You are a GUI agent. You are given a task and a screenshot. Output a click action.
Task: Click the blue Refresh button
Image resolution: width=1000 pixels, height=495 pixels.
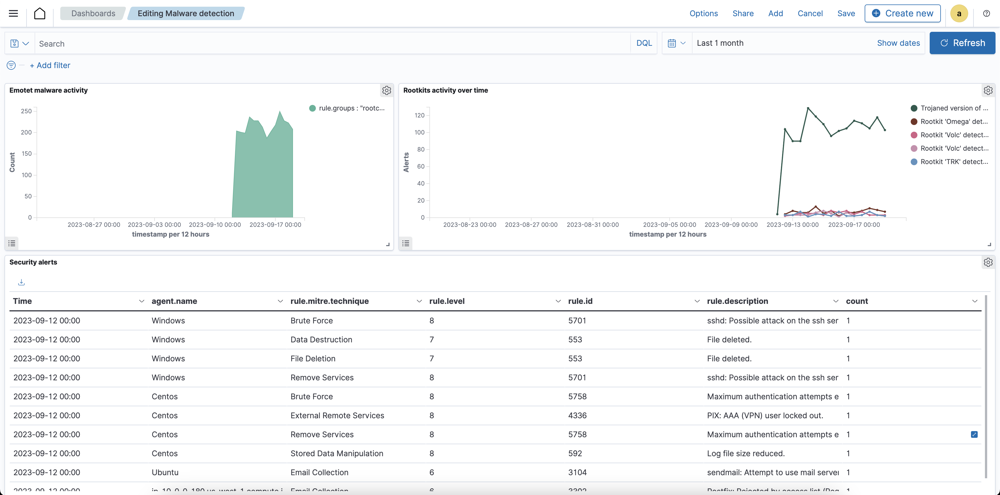pyautogui.click(x=962, y=43)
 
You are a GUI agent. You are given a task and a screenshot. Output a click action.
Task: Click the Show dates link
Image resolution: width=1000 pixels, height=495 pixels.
pyautogui.click(x=898, y=43)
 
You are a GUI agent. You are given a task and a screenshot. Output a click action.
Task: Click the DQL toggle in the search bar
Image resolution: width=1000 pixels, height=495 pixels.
pyautogui.click(x=644, y=43)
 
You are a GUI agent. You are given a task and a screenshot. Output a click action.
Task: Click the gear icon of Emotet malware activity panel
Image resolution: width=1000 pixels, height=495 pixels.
pyautogui.click(x=386, y=90)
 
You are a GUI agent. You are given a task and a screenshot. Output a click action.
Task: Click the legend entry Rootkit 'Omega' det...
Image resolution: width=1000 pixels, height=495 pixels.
pyautogui.click(x=953, y=121)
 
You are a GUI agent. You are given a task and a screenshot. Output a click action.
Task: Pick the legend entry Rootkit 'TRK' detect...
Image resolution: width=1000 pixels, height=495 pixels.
pyautogui.click(x=953, y=162)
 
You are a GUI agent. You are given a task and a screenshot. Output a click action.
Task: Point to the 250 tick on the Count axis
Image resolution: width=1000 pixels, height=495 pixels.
pyautogui.click(x=27, y=111)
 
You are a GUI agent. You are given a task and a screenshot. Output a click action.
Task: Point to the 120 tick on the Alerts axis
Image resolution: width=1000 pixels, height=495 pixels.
pyautogui.click(x=419, y=115)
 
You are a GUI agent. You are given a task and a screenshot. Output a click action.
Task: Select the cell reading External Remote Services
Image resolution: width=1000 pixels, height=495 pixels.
pyautogui.click(x=337, y=415)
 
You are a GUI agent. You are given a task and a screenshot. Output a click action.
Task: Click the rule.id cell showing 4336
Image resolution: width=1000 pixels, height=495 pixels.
pyautogui.click(x=577, y=415)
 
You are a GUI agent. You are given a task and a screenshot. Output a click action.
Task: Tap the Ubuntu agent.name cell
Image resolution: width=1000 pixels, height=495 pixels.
pyautogui.click(x=165, y=472)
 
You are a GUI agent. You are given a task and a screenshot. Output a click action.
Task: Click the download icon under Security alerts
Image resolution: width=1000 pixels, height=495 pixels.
pyautogui.click(x=21, y=282)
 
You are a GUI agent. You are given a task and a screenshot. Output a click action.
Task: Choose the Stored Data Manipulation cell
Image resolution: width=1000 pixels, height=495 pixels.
pyautogui.click(x=336, y=453)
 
